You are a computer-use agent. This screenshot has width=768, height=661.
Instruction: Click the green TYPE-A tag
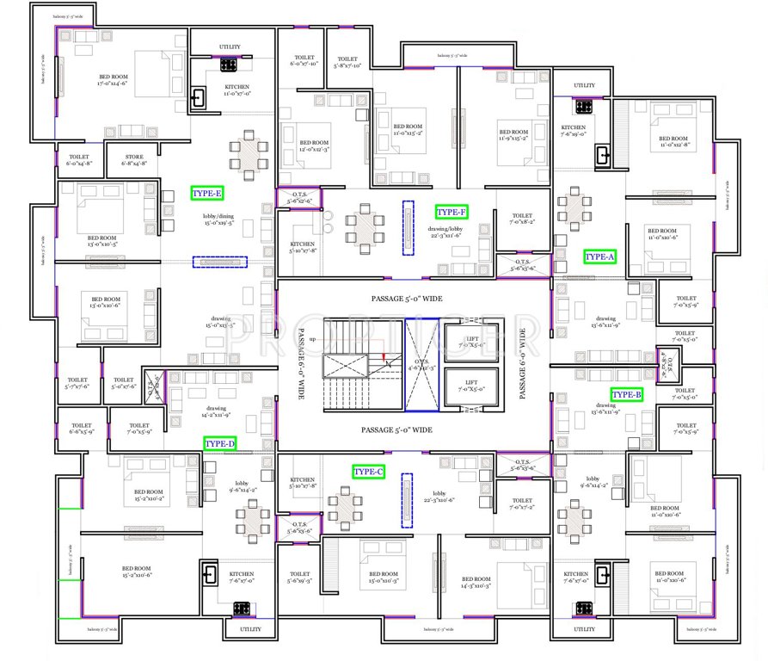(x=599, y=256)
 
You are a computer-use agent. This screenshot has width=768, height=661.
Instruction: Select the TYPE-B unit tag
(x=626, y=395)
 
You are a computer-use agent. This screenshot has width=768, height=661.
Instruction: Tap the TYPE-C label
(x=369, y=472)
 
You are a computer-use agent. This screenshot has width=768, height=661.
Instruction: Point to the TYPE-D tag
(x=219, y=443)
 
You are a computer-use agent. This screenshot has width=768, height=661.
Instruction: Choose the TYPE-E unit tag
(x=206, y=194)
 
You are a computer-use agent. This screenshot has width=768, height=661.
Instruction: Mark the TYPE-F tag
(x=452, y=212)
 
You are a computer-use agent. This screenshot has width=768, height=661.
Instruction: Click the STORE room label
(x=133, y=158)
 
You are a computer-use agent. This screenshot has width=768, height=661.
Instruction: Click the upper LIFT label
(x=471, y=343)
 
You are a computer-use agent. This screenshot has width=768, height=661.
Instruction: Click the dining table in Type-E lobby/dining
(x=247, y=157)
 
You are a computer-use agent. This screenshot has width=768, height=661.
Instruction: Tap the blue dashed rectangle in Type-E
(x=219, y=261)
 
